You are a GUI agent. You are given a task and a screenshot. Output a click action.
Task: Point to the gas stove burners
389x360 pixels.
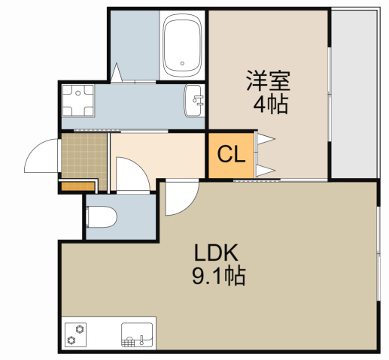coord(76,333)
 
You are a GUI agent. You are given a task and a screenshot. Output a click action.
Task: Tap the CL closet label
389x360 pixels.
coord(231,156)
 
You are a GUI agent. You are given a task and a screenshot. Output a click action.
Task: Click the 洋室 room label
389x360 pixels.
coord(267,80)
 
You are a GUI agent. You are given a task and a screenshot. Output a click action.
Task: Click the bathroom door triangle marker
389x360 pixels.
coord(118,74)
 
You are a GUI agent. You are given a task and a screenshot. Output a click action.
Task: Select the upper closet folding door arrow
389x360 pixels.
coord(266,139)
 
